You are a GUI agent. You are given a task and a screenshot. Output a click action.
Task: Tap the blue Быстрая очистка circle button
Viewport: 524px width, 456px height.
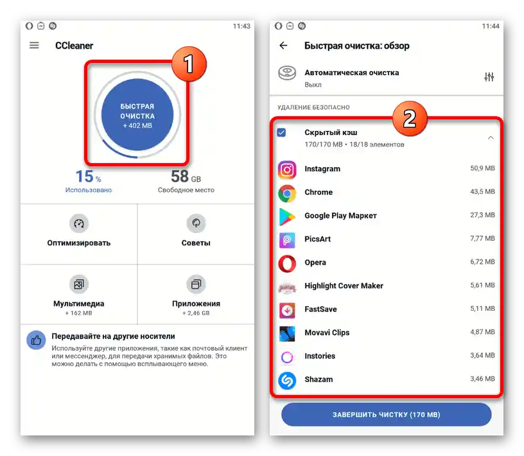(137, 115)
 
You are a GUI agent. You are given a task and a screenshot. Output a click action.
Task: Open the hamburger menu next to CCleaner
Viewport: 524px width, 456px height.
(34, 45)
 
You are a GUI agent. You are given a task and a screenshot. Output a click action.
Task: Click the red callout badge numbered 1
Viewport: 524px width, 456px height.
(189, 64)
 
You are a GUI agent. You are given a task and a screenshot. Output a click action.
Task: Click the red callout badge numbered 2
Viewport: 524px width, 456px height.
(410, 118)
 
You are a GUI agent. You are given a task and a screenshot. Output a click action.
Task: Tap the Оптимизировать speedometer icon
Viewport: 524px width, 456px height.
(79, 224)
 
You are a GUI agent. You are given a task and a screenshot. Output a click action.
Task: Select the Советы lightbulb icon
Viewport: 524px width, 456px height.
(196, 223)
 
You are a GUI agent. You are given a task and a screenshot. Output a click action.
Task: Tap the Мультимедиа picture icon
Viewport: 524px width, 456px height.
(79, 284)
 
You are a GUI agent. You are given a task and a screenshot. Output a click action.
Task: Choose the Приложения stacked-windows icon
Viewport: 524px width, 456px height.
(196, 284)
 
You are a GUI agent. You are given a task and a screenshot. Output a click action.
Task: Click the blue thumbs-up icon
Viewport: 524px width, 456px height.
(36, 340)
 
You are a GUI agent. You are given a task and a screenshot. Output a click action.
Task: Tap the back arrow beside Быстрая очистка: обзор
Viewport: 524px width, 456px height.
(283, 46)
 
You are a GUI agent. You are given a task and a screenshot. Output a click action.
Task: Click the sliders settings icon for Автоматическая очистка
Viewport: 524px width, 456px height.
(489, 77)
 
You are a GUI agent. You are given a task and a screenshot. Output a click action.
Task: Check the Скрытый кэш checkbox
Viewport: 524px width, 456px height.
(281, 133)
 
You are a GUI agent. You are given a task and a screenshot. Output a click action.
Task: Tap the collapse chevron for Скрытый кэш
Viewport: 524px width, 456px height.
(490, 137)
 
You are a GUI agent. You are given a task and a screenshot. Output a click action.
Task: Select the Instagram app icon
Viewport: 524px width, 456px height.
(287, 170)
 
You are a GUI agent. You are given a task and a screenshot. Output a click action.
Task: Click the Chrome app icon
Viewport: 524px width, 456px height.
(287, 193)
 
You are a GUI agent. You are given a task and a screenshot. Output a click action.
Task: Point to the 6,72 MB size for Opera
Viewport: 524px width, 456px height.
(482, 262)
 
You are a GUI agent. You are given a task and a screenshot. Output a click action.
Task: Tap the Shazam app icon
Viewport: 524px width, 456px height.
(287, 380)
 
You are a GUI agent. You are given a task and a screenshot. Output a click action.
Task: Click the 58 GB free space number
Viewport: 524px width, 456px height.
(186, 177)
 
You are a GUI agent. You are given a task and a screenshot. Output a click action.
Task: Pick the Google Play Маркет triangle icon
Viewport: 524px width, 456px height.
(287, 216)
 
